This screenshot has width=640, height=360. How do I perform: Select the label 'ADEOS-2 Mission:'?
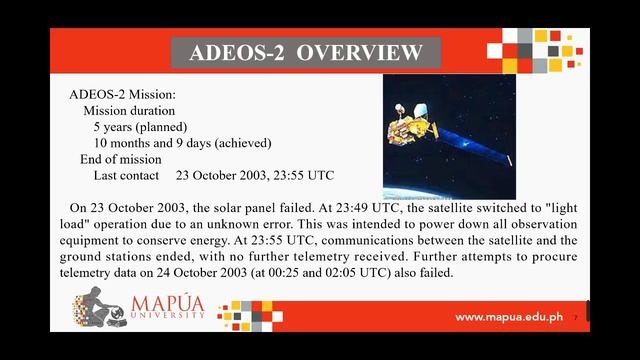[x=122, y=94]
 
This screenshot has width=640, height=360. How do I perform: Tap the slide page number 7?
[x=576, y=318]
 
